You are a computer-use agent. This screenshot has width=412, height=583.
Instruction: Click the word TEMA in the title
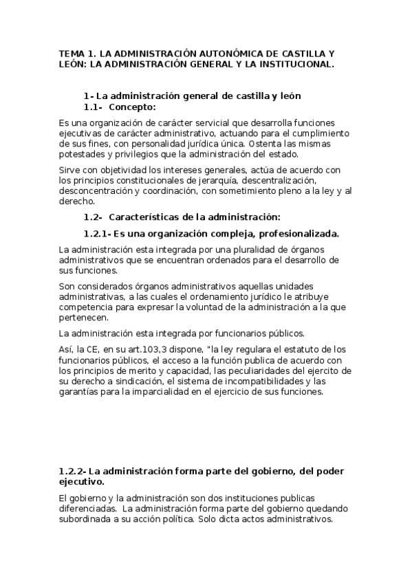click(x=71, y=53)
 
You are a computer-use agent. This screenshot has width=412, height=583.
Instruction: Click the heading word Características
click(x=148, y=217)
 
